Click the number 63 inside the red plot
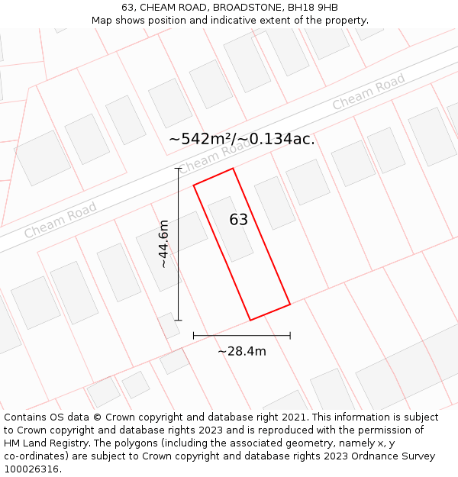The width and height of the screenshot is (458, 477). tap(239, 220)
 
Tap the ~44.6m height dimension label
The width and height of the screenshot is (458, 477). tap(163, 243)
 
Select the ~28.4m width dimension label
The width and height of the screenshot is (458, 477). tap(242, 351)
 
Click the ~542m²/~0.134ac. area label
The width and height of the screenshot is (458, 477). tap(241, 139)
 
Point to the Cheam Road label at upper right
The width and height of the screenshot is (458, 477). tap(369, 92)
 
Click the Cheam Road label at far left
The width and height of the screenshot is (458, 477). tap(60, 220)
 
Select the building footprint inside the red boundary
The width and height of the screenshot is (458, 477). tap(231, 228)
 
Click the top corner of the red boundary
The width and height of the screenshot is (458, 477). tap(233, 169)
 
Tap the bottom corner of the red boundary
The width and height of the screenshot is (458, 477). tap(250, 320)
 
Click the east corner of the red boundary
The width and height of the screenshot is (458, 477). tap(290, 305)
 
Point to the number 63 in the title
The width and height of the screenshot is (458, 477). tap(127, 7)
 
